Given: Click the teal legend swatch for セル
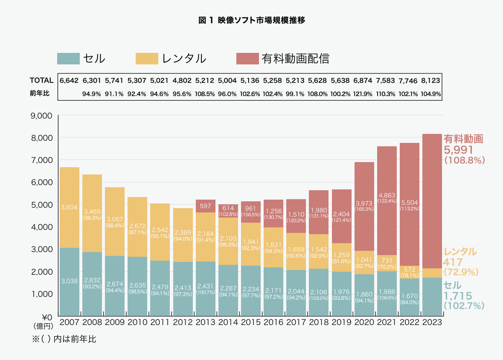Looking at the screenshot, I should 68,58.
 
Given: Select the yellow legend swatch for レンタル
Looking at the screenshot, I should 147,58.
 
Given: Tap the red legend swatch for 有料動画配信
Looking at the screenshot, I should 247,58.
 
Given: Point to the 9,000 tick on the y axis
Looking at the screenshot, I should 41,116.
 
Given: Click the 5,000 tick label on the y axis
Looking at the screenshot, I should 41,205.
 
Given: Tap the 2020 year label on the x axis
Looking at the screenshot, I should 364,322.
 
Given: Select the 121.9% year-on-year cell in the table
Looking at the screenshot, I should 364,94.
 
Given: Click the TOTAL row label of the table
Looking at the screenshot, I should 41,80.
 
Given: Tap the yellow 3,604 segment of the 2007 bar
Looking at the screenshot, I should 69,207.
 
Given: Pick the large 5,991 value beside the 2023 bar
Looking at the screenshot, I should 459,150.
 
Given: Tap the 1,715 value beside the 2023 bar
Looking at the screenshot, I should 458,296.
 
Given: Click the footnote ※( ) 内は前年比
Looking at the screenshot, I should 64,340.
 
